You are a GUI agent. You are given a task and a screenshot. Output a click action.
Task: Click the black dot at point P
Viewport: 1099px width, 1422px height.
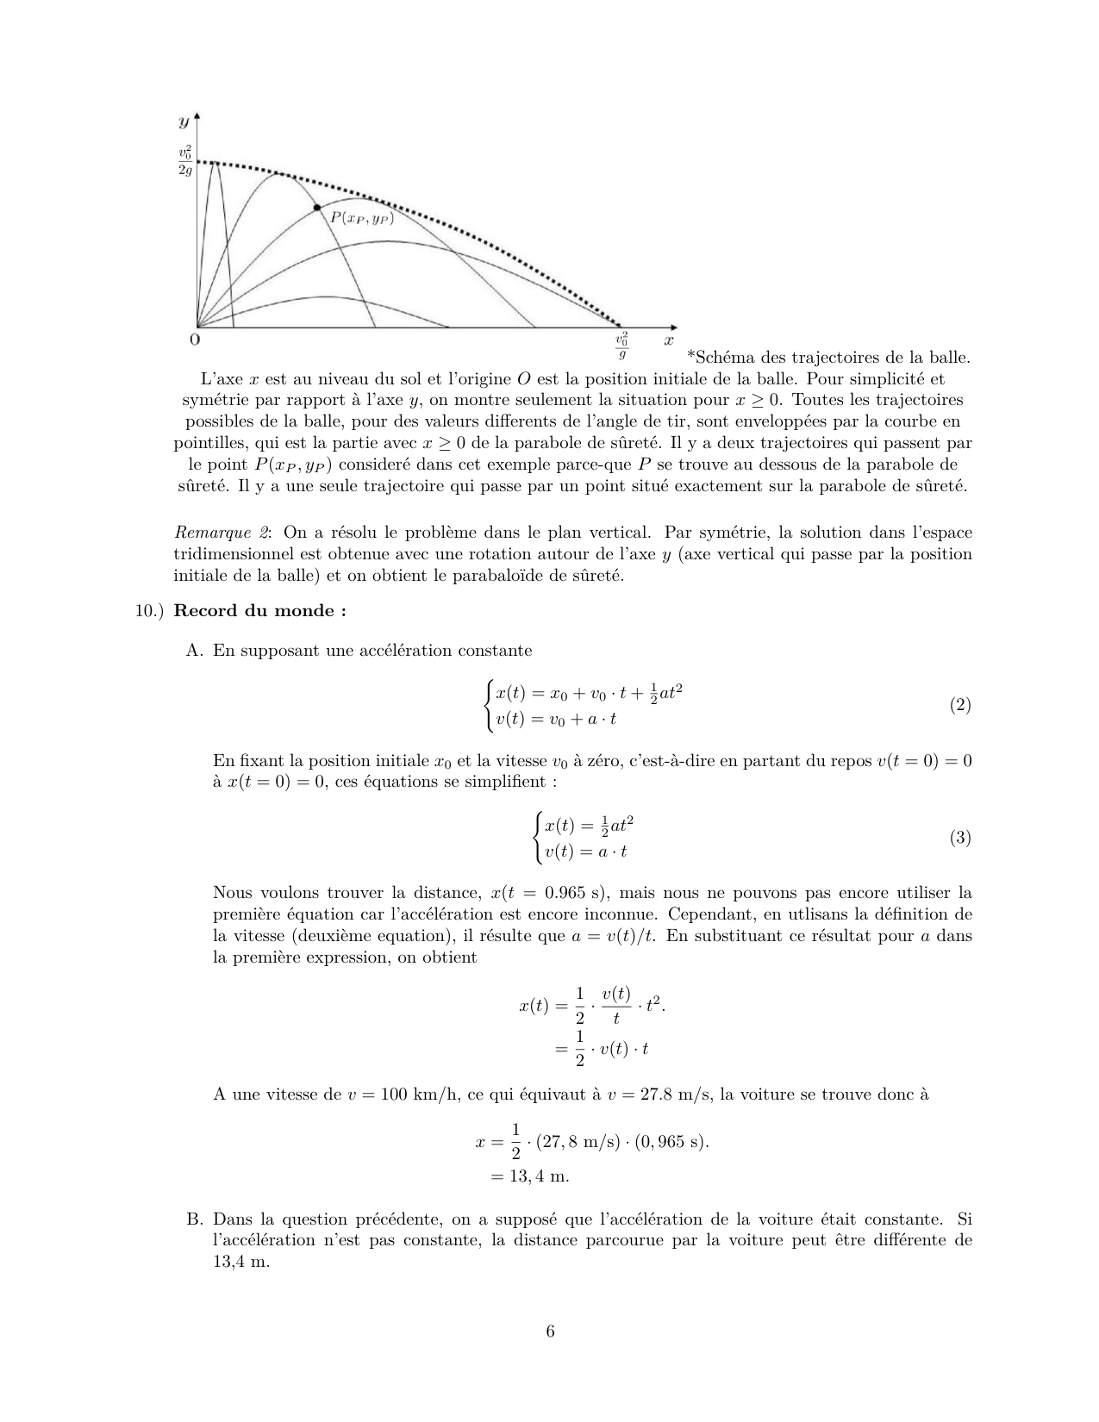[317, 208]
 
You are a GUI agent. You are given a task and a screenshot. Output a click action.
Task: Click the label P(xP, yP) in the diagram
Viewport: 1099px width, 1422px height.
[362, 219]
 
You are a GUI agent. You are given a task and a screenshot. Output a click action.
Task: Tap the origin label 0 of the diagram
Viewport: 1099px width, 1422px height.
[194, 340]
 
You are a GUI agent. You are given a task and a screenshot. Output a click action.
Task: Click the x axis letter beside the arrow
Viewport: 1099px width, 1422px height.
[668, 340]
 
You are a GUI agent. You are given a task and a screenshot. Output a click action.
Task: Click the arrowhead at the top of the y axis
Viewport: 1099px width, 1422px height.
[198, 115]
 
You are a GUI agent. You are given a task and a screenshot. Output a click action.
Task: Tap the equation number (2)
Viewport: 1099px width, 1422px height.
[960, 705]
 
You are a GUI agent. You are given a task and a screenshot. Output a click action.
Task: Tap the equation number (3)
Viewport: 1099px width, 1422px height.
[960, 838]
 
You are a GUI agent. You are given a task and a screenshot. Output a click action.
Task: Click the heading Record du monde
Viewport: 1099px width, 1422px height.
[259, 611]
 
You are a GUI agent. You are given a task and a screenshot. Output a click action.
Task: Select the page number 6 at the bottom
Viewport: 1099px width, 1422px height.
[550, 1332]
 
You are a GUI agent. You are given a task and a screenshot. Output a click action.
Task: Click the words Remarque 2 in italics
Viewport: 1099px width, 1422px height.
[222, 533]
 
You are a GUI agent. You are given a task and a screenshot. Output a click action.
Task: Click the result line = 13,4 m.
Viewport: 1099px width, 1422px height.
[529, 1176]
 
